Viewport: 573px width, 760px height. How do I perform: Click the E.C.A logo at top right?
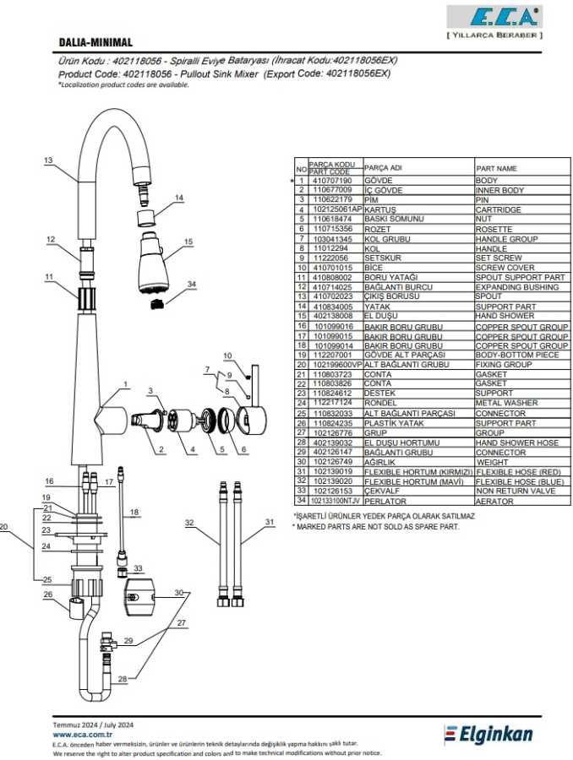pos(494,18)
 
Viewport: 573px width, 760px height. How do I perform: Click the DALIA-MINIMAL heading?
pos(95,42)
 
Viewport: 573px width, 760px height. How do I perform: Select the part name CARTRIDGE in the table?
pos(499,209)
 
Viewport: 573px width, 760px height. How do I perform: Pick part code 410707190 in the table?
pos(332,181)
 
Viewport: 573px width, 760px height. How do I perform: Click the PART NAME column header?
pos(496,168)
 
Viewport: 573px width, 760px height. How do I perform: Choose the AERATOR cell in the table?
pos(494,501)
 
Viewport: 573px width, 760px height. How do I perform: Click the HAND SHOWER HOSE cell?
pos(516,442)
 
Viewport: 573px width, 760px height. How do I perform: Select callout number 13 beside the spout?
pos(48,160)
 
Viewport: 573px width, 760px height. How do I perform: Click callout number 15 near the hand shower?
pos(188,242)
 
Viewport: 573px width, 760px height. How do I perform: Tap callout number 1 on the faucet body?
pos(125,384)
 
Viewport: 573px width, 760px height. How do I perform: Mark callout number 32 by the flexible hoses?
pos(189,524)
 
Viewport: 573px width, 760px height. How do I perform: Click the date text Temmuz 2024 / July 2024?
pos(93,725)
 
